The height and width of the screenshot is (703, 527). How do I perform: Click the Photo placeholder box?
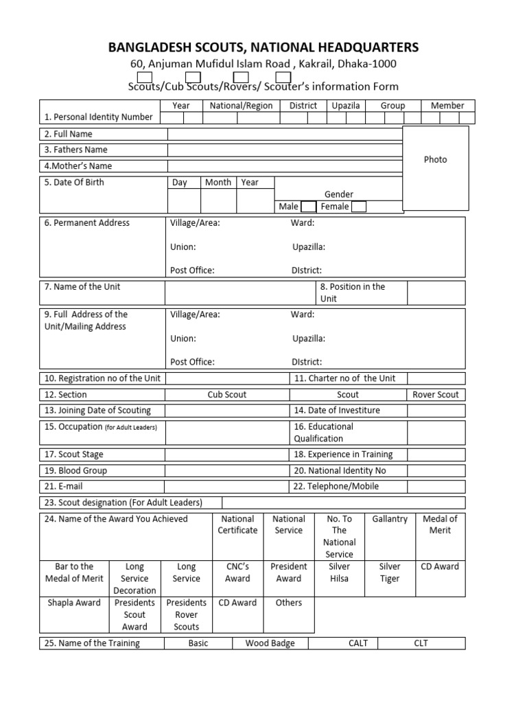click(435, 168)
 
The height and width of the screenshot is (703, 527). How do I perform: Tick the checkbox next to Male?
click(308, 207)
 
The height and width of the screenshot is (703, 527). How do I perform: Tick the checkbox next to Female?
click(358, 207)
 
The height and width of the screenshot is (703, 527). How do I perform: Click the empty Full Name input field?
click(284, 134)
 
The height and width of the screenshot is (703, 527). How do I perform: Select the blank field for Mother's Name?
click(284, 165)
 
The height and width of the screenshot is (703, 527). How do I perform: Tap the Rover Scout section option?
click(436, 395)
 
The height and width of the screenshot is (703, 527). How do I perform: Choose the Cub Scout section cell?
click(227, 395)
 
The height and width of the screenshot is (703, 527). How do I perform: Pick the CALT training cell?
click(358, 643)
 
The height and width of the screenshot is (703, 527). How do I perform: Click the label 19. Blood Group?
click(76, 471)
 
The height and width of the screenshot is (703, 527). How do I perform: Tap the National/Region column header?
click(241, 106)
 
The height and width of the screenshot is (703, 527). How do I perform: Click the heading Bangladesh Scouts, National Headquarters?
click(263, 47)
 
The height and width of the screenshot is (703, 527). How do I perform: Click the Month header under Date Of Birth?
click(218, 183)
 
